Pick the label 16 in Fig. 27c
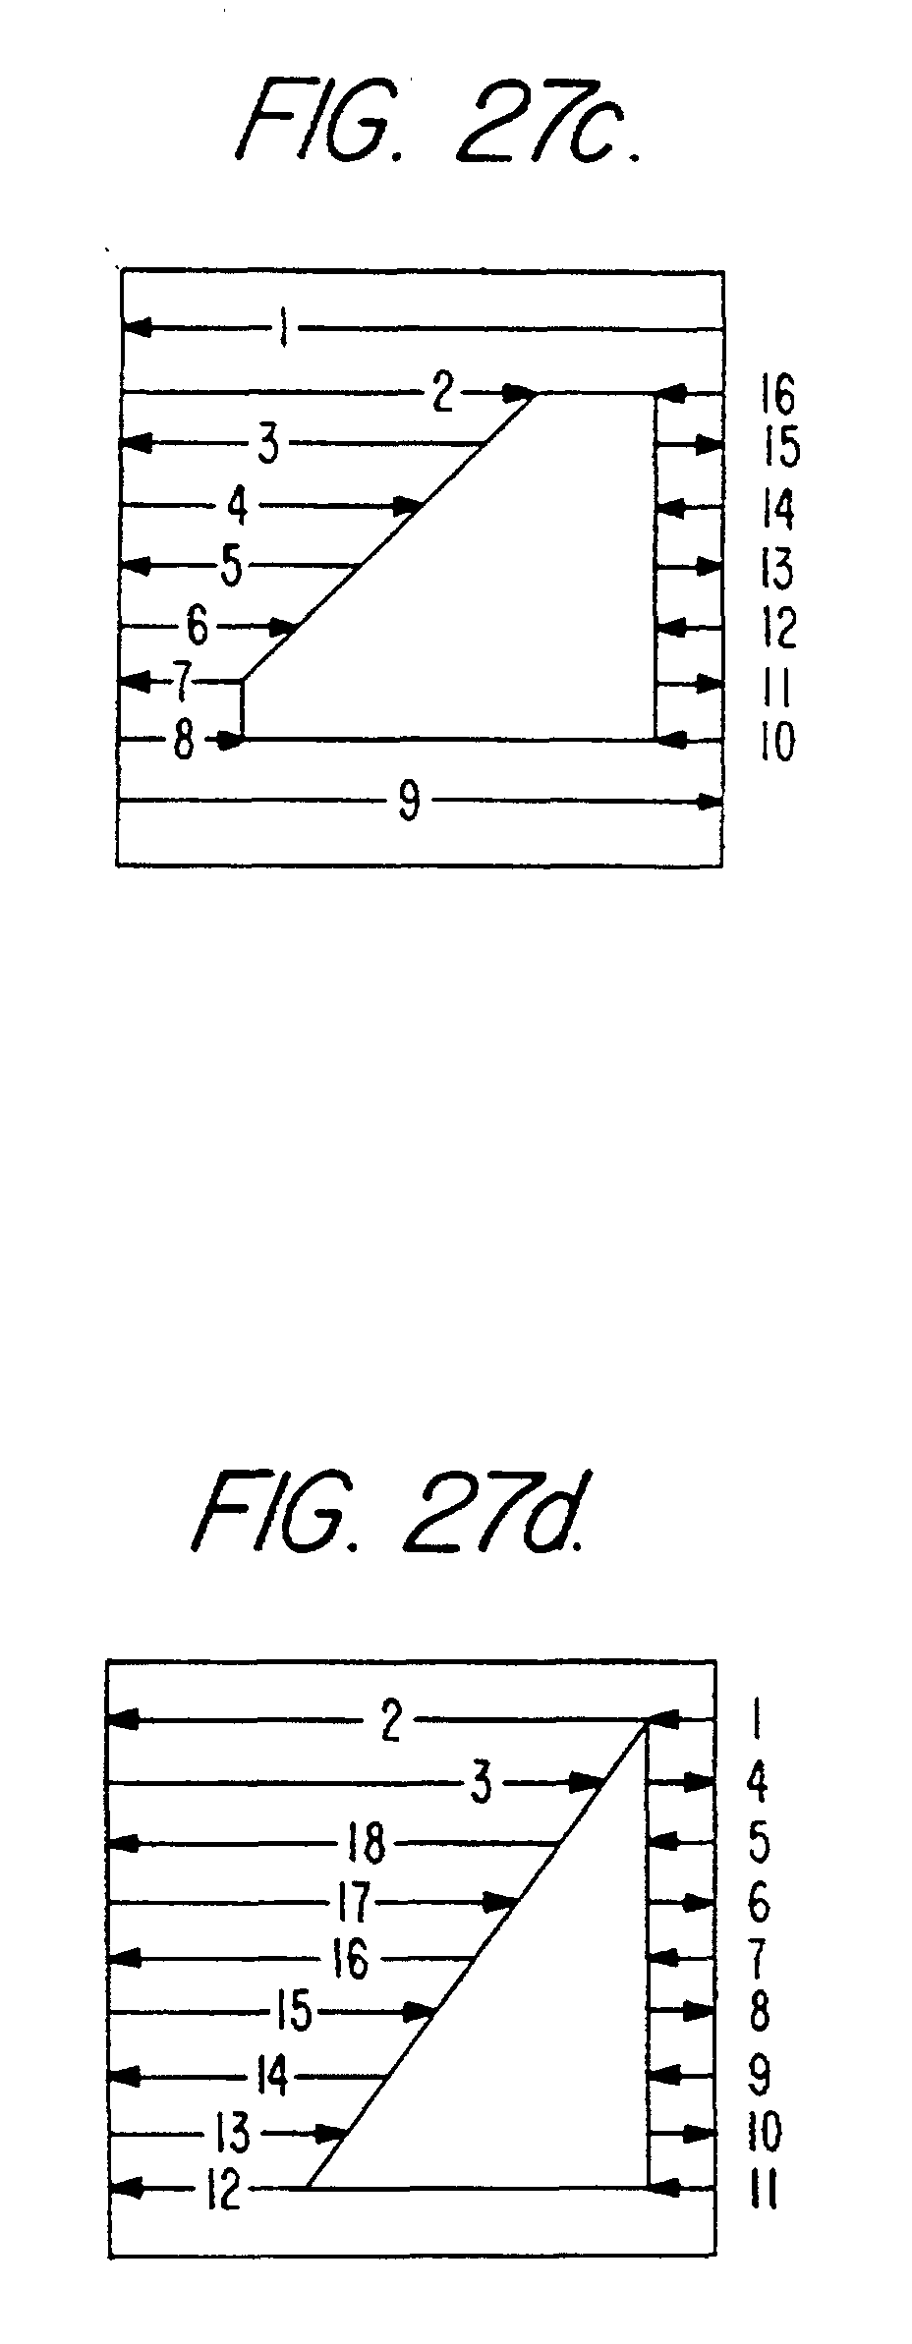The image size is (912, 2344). tap(777, 396)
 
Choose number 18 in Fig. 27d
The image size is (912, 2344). tap(367, 1843)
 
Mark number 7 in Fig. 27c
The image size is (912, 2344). tap(181, 682)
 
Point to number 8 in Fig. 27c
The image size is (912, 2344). tap(184, 741)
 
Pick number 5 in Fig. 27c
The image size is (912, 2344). tap(231, 567)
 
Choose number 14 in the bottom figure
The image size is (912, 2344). tap(271, 2076)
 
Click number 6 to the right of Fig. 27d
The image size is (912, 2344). tap(759, 1903)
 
